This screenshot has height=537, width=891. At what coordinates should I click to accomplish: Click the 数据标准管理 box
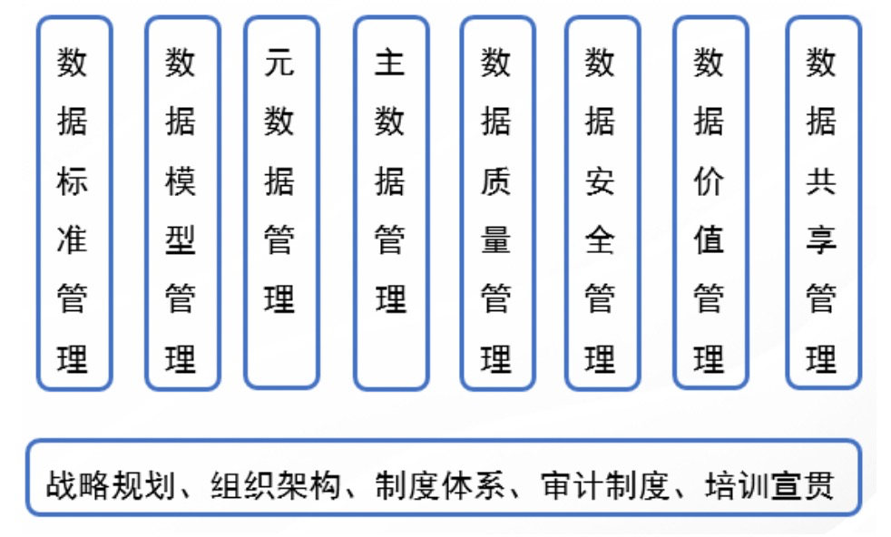73,203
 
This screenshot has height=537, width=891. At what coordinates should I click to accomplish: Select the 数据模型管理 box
181,203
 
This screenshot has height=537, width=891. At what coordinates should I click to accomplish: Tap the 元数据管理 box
280,203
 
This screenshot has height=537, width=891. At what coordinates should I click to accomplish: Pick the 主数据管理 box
390,203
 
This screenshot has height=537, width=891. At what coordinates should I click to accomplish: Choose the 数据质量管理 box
496,203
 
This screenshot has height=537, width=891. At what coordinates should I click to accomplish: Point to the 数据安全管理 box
601,203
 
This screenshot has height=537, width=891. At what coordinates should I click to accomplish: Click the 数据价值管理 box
710,203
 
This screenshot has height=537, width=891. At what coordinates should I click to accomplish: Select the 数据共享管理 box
822,203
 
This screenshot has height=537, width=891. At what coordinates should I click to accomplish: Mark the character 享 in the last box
822,240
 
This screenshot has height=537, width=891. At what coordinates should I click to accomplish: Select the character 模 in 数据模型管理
181,181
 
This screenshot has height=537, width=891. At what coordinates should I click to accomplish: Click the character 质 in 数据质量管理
496,181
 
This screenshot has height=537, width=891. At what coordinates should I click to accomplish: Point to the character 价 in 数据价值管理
710,181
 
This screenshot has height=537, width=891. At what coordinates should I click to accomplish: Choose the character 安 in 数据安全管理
601,181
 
